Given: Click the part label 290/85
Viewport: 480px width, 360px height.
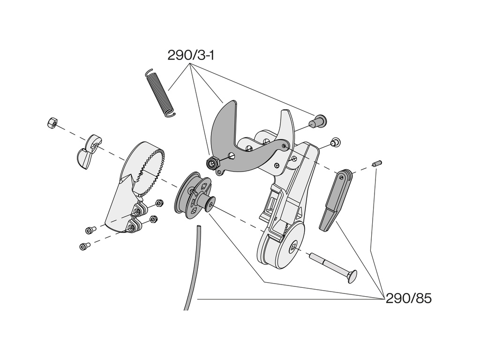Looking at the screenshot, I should tap(408, 299).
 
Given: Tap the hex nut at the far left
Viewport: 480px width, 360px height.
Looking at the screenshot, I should tap(52, 123).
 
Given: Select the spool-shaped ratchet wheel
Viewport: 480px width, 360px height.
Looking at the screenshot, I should tap(193, 196).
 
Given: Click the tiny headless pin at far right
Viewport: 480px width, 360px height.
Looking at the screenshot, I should tap(377, 164).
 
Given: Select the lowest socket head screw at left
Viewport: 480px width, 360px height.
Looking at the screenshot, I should tap(84, 246).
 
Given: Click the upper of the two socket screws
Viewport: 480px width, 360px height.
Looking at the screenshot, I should tap(90, 230).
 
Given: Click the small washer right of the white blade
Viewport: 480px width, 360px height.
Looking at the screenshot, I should tap(335, 142).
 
